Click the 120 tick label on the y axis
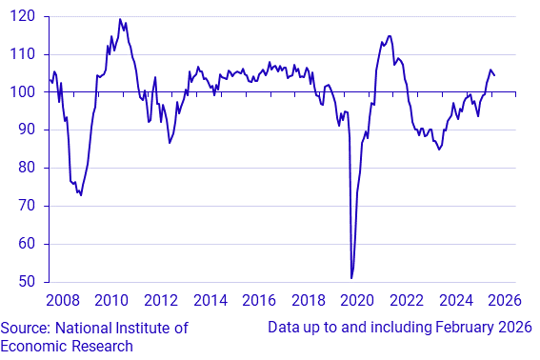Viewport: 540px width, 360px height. [24, 16]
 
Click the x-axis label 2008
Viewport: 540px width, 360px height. [63, 302]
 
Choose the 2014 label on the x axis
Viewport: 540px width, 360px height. [210, 302]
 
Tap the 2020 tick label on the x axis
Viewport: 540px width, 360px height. [358, 302]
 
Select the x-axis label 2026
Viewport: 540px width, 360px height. [505, 302]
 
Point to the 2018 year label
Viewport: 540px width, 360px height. [309, 302]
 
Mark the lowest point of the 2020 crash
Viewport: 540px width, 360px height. [351, 278]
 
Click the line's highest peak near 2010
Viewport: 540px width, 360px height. [120, 19]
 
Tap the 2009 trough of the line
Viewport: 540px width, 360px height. [81, 195]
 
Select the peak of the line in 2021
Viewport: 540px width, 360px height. [390, 36]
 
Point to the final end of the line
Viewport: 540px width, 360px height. [494, 75]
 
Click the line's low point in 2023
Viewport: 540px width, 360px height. [439, 150]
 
